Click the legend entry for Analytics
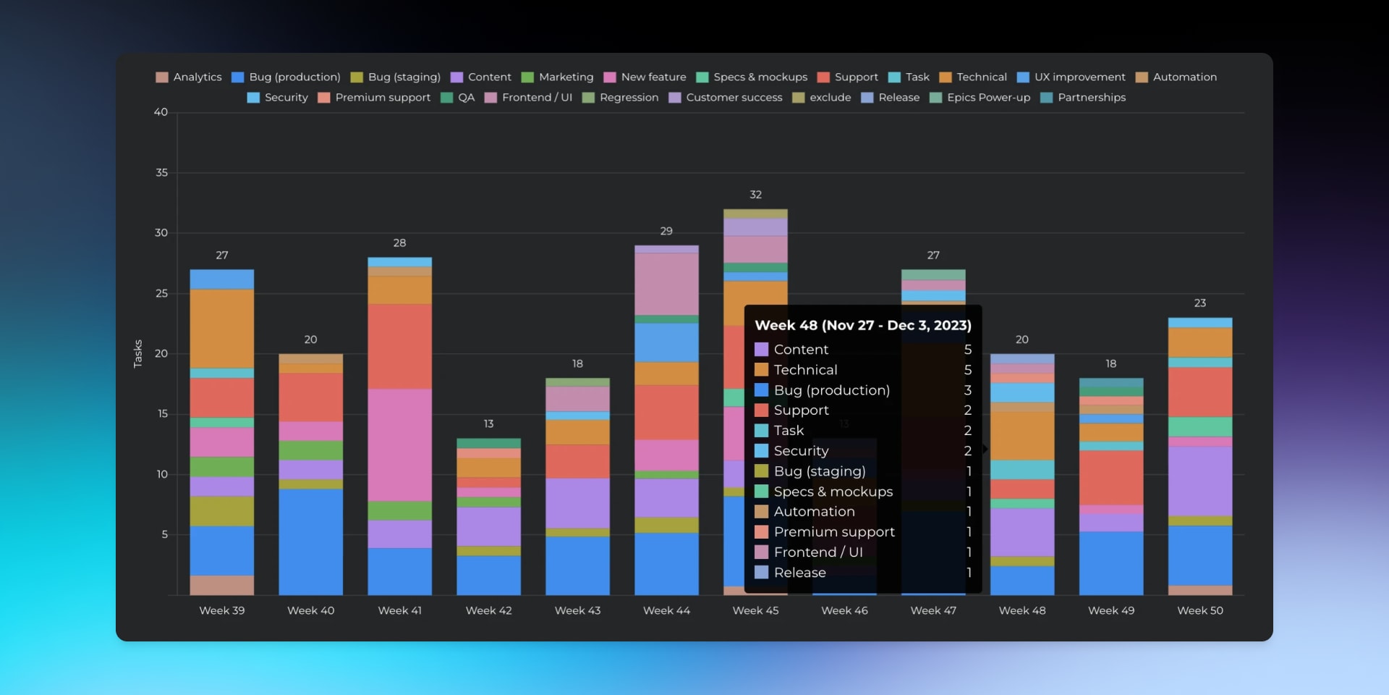tap(189, 77)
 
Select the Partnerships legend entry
tap(1083, 98)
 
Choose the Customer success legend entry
tap(726, 98)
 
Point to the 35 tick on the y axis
tap(161, 173)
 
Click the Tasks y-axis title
tap(138, 353)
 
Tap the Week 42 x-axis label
tap(488, 611)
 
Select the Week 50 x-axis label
tap(1199, 611)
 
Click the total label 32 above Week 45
tap(755, 195)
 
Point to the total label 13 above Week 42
tap(488, 424)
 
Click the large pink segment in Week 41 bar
tap(399, 445)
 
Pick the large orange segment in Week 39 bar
tap(221, 329)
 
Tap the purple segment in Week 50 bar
tap(1199, 481)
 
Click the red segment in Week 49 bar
tap(1110, 478)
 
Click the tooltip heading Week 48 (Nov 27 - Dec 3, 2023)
tap(863, 326)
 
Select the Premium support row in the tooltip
tap(834, 532)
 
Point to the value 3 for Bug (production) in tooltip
tap(967, 390)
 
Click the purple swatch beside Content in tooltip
tap(761, 350)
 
